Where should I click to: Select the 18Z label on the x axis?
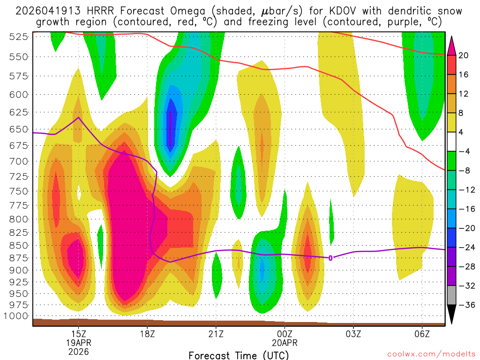click(x=147, y=334)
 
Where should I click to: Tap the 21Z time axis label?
click(x=216, y=334)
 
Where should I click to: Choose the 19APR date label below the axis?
click(x=78, y=343)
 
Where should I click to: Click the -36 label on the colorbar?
click(x=466, y=305)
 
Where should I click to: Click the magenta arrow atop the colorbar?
click(x=452, y=45)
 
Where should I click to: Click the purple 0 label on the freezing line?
click(x=330, y=258)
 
